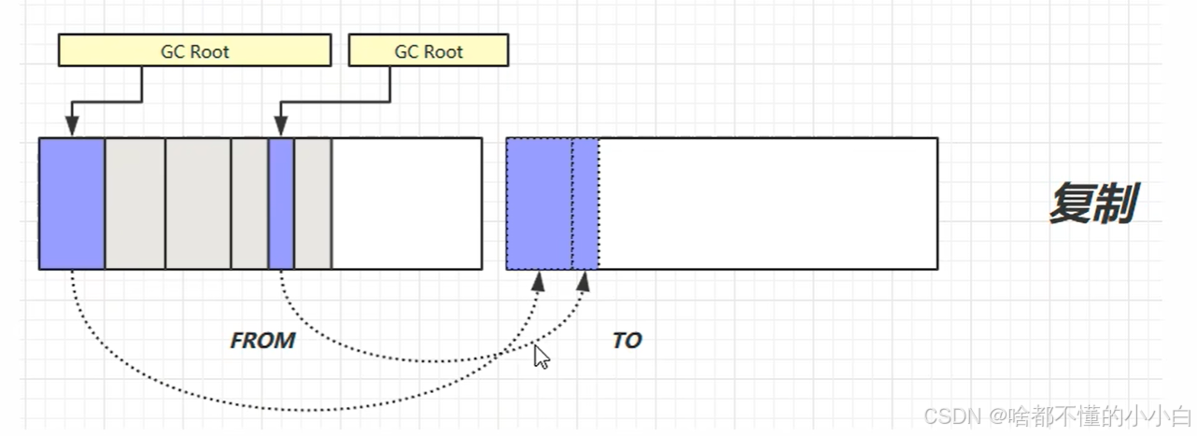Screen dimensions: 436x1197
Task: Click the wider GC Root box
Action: click(194, 51)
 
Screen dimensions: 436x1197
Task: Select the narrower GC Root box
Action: click(429, 51)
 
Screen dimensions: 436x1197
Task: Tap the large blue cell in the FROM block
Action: click(72, 204)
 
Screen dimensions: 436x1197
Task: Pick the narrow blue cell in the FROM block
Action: click(281, 204)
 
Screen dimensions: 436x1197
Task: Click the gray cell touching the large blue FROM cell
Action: click(134, 204)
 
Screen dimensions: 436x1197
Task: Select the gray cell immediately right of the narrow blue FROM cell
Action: click(313, 204)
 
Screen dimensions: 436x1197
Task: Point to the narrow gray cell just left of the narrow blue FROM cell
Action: click(249, 204)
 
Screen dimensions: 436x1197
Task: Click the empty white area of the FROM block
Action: click(406, 204)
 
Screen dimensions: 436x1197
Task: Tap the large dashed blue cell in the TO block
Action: click(539, 204)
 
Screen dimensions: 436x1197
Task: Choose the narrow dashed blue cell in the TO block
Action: click(585, 204)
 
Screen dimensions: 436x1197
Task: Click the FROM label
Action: click(262, 341)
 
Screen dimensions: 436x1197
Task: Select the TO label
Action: click(627, 341)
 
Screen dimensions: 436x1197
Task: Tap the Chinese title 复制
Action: click(1091, 203)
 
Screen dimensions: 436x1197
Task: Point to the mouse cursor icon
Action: click(541, 357)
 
